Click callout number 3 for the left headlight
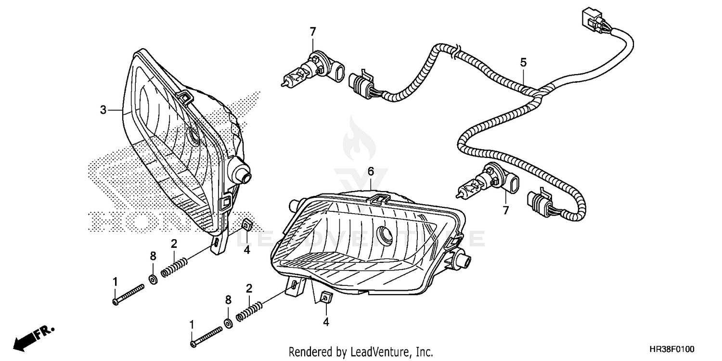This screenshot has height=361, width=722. point(103,110)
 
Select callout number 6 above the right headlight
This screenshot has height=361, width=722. point(371,171)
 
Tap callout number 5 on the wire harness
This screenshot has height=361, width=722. point(523,62)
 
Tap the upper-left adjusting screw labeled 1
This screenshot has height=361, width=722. point(128,294)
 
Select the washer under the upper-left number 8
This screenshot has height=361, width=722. point(153,279)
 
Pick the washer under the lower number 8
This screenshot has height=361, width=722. point(228,321)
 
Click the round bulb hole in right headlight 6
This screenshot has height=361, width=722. point(386,234)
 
